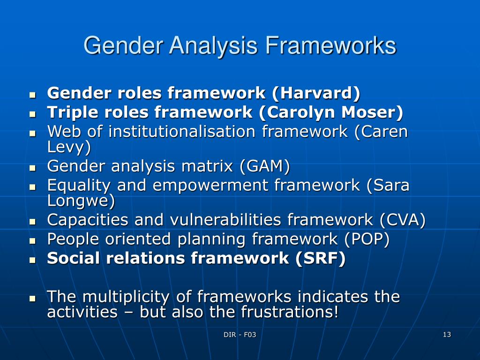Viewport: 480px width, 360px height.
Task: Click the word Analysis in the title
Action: pos(213,46)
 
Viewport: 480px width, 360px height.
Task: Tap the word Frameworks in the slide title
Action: pos(330,46)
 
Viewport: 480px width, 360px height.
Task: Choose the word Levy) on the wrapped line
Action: pos(69,147)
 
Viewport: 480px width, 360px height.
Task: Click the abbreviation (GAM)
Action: pos(265,166)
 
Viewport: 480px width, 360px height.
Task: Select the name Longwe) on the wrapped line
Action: pos(81,201)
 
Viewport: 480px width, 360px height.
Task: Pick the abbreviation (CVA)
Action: pos(403,219)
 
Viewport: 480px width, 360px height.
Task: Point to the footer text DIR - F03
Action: pos(240,335)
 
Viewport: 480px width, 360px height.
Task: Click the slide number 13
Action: pos(446,335)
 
